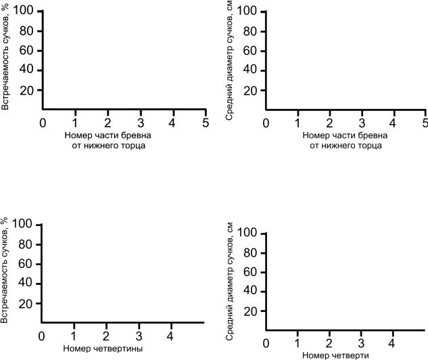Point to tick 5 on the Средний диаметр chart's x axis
425,122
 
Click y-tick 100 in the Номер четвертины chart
26,224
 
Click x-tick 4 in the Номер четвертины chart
170,336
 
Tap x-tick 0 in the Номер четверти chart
266,344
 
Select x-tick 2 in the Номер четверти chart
329,344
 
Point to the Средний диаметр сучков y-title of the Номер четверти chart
230,275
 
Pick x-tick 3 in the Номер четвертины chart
139,336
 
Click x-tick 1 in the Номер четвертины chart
74,336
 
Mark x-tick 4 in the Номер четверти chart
393,344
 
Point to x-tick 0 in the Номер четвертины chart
42,336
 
